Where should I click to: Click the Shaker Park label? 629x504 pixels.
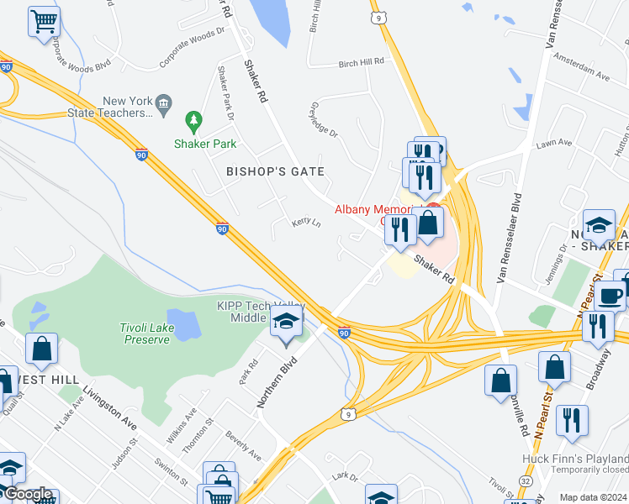pyautogui.click(x=205, y=144)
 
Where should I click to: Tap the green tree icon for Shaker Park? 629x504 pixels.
pyautogui.click(x=194, y=123)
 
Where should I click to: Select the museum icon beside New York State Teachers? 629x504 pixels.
pyautogui.click(x=164, y=104)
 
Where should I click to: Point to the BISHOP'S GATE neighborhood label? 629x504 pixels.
pyautogui.click(x=275, y=171)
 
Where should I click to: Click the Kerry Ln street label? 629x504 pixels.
pyautogui.click(x=306, y=223)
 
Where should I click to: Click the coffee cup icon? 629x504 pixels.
pyautogui.click(x=610, y=295)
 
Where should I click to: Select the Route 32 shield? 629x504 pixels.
pyautogui.click(x=524, y=480)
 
